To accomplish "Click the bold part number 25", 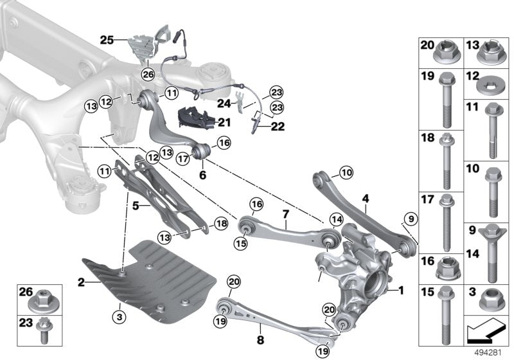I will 106,40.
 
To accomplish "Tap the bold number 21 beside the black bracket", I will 224,122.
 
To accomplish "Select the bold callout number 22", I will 278,127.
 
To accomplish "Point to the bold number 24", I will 224,102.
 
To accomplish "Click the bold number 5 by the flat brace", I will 136,207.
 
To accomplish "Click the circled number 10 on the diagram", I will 346,172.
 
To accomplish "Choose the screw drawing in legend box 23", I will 44,323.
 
